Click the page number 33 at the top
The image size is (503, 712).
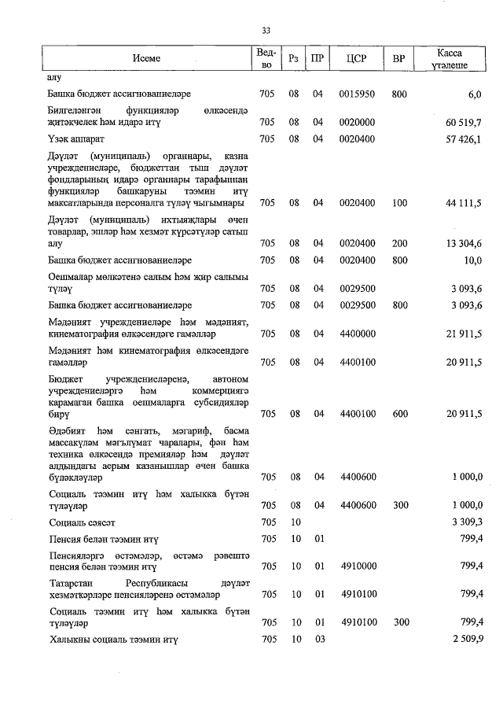(266, 31)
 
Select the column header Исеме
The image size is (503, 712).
(145, 58)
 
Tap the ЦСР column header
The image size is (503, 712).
(357, 58)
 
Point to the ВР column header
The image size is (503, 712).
(398, 58)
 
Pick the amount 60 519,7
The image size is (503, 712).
(463, 123)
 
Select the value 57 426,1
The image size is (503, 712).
(463, 139)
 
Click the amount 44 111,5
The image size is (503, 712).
(463, 203)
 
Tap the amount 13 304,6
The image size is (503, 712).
(463, 244)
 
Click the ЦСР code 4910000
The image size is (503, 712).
(357, 566)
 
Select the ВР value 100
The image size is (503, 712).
(399, 203)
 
